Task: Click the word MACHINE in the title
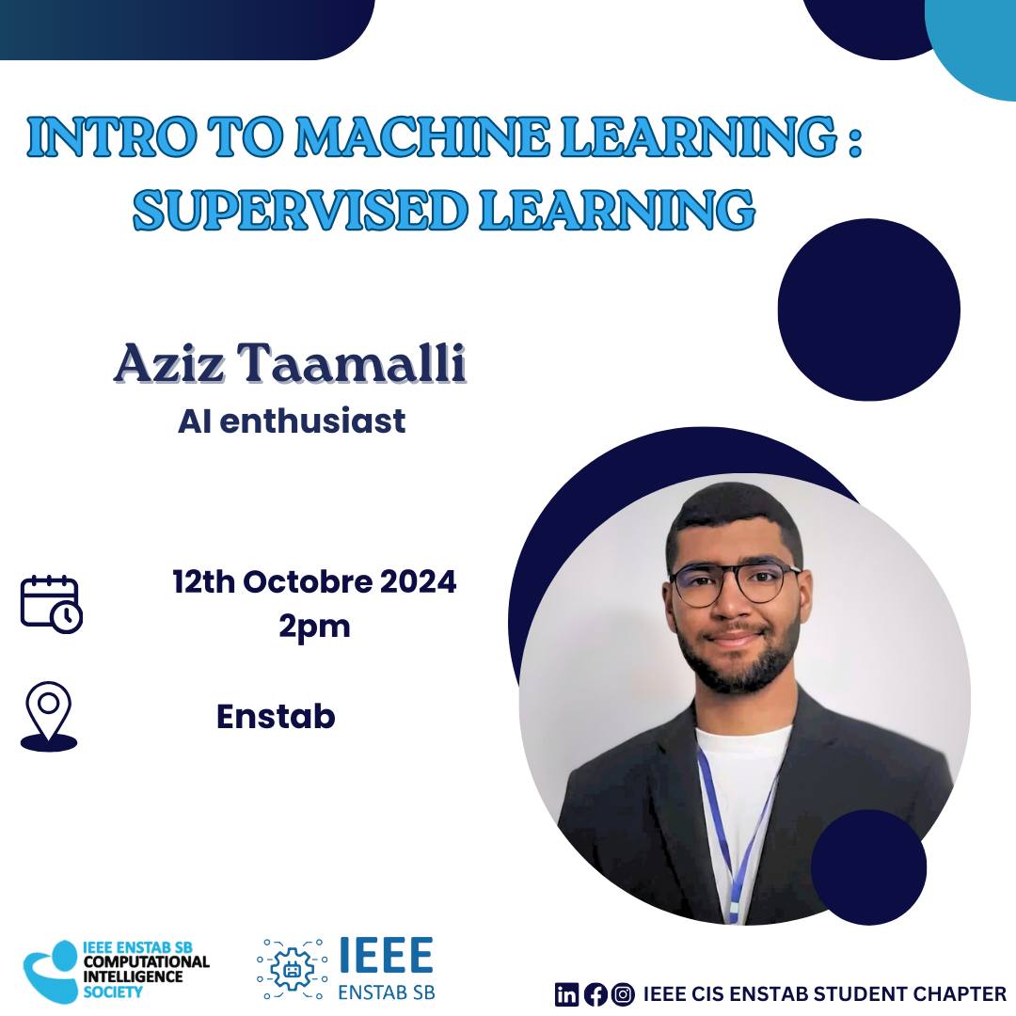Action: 422,136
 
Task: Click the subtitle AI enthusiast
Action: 292,421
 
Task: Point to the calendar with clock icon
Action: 51,604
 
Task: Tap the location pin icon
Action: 49,716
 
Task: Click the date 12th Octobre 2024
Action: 314,581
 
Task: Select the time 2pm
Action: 314,627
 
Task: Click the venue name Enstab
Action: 276,717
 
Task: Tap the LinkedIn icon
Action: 566,994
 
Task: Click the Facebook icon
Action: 595,994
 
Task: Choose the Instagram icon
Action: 624,994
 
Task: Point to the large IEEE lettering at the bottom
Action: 387,955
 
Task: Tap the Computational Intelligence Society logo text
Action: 146,970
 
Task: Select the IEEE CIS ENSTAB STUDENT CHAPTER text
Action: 824,994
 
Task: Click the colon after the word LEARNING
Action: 854,137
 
